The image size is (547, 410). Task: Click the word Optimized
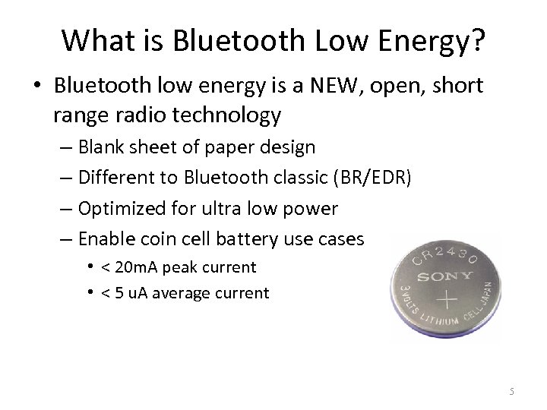point(124,208)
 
